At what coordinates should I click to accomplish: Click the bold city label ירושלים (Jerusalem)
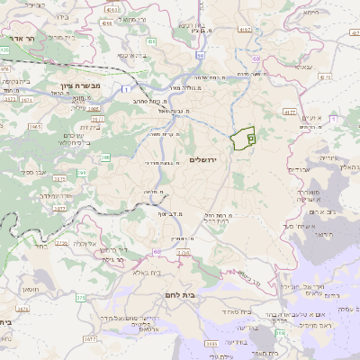207,160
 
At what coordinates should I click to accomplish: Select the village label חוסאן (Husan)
53,288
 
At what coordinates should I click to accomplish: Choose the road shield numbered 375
80,296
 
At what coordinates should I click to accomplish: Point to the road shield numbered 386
106,157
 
